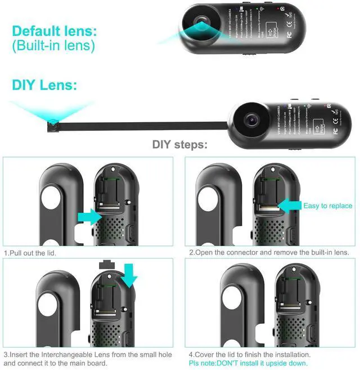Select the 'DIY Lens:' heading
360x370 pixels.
click(x=44, y=85)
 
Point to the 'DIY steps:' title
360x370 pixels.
click(x=180, y=145)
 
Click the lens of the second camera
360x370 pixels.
click(x=251, y=118)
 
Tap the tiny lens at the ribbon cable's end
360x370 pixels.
click(x=52, y=121)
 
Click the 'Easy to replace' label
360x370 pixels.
click(x=327, y=206)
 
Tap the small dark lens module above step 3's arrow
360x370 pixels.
click(x=105, y=264)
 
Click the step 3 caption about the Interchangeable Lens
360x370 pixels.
click(x=87, y=359)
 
